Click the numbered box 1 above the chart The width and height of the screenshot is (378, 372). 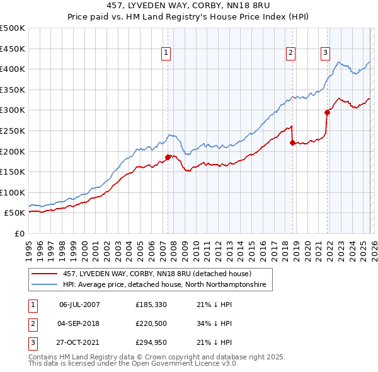coord(165,54)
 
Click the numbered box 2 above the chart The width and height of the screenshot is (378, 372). coord(290,54)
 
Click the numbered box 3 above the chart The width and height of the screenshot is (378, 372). coord(326,54)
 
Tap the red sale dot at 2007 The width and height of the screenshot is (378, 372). coord(168,157)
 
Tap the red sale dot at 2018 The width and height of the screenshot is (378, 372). coord(292,142)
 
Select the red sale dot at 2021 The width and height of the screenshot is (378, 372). coord(328,112)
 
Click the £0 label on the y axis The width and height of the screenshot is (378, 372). coord(19,233)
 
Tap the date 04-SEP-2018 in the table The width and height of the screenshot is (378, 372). coord(79,323)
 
